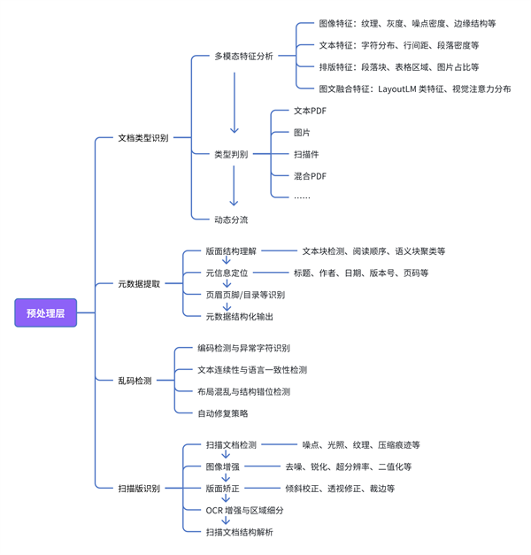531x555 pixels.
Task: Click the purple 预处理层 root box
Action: coord(46,312)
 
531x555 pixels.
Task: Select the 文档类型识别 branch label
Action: coord(142,138)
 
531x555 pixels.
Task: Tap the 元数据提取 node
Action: coord(139,284)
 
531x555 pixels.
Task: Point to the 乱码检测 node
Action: coord(135,381)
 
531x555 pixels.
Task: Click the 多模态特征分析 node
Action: coord(243,56)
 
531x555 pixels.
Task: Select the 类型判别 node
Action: coord(231,154)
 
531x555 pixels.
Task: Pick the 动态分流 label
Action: coord(231,220)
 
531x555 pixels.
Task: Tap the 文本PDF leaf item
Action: coord(310,112)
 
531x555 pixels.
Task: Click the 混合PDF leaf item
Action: coord(310,176)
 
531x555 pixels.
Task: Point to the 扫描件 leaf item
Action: coord(306,154)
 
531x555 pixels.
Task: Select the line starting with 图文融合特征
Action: coord(414,89)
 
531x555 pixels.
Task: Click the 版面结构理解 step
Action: coord(231,251)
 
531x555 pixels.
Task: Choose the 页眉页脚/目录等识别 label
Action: coord(245,295)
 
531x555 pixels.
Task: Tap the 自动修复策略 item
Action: coord(223,413)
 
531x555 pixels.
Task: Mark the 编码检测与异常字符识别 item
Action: coord(243,349)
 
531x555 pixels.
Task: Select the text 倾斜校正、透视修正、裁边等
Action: coord(340,489)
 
